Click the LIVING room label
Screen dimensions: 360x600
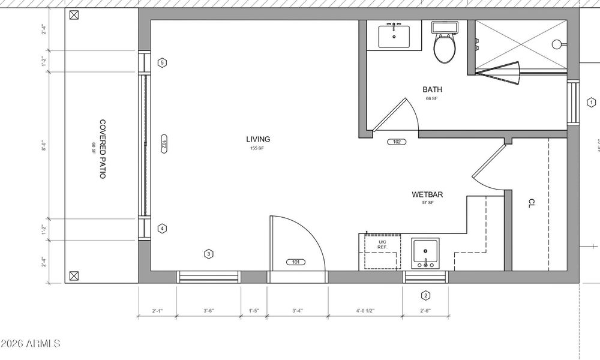[257, 139]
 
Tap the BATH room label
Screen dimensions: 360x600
[432, 90]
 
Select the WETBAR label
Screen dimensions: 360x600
[427, 194]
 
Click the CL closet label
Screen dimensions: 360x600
[531, 203]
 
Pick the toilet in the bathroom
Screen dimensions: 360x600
[445, 47]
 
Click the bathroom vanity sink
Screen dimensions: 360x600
[394, 36]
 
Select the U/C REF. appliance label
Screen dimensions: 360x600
[382, 244]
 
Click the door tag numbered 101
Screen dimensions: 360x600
[296, 262]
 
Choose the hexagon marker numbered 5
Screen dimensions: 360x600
[162, 62]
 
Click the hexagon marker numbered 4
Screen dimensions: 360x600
[162, 229]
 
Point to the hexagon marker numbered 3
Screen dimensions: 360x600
[208, 254]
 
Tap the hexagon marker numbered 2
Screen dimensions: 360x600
[425, 295]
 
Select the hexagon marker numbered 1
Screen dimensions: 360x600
[590, 103]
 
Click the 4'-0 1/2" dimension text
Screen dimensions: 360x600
[365, 311]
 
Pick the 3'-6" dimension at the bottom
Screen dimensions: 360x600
[209, 311]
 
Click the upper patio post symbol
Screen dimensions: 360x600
[74, 16]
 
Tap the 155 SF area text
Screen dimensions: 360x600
[257, 148]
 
